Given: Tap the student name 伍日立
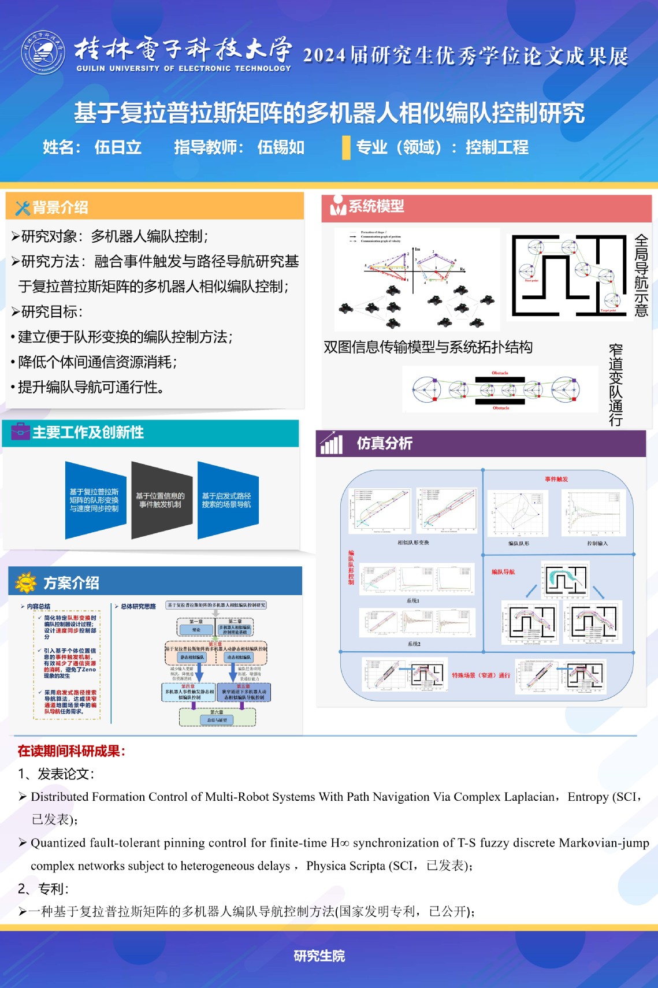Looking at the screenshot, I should [118, 147].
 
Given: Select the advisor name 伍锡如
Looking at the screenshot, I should [281, 147].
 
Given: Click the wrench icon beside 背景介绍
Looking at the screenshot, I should [22, 208].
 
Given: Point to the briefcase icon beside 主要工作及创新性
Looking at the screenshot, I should [20, 432].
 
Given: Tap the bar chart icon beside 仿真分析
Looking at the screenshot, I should [332, 443].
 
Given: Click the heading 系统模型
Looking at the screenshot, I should [376, 206].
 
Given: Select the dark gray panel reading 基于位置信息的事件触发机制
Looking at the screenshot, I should [161, 500].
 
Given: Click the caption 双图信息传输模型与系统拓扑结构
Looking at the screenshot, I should [428, 347].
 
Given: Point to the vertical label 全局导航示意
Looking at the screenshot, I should [641, 275].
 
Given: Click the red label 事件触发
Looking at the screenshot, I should [556, 479].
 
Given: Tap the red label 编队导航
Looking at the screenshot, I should [503, 572].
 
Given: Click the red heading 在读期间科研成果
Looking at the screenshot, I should [72, 751].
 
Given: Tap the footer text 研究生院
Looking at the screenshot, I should [319, 956].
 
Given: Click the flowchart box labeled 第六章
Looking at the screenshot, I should [217, 716].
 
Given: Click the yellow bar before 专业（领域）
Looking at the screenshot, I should [345, 147].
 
